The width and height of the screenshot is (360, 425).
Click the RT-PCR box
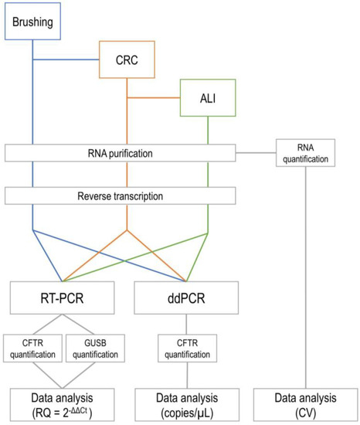pos(63,297)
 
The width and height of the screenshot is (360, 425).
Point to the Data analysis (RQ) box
pos(63,403)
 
